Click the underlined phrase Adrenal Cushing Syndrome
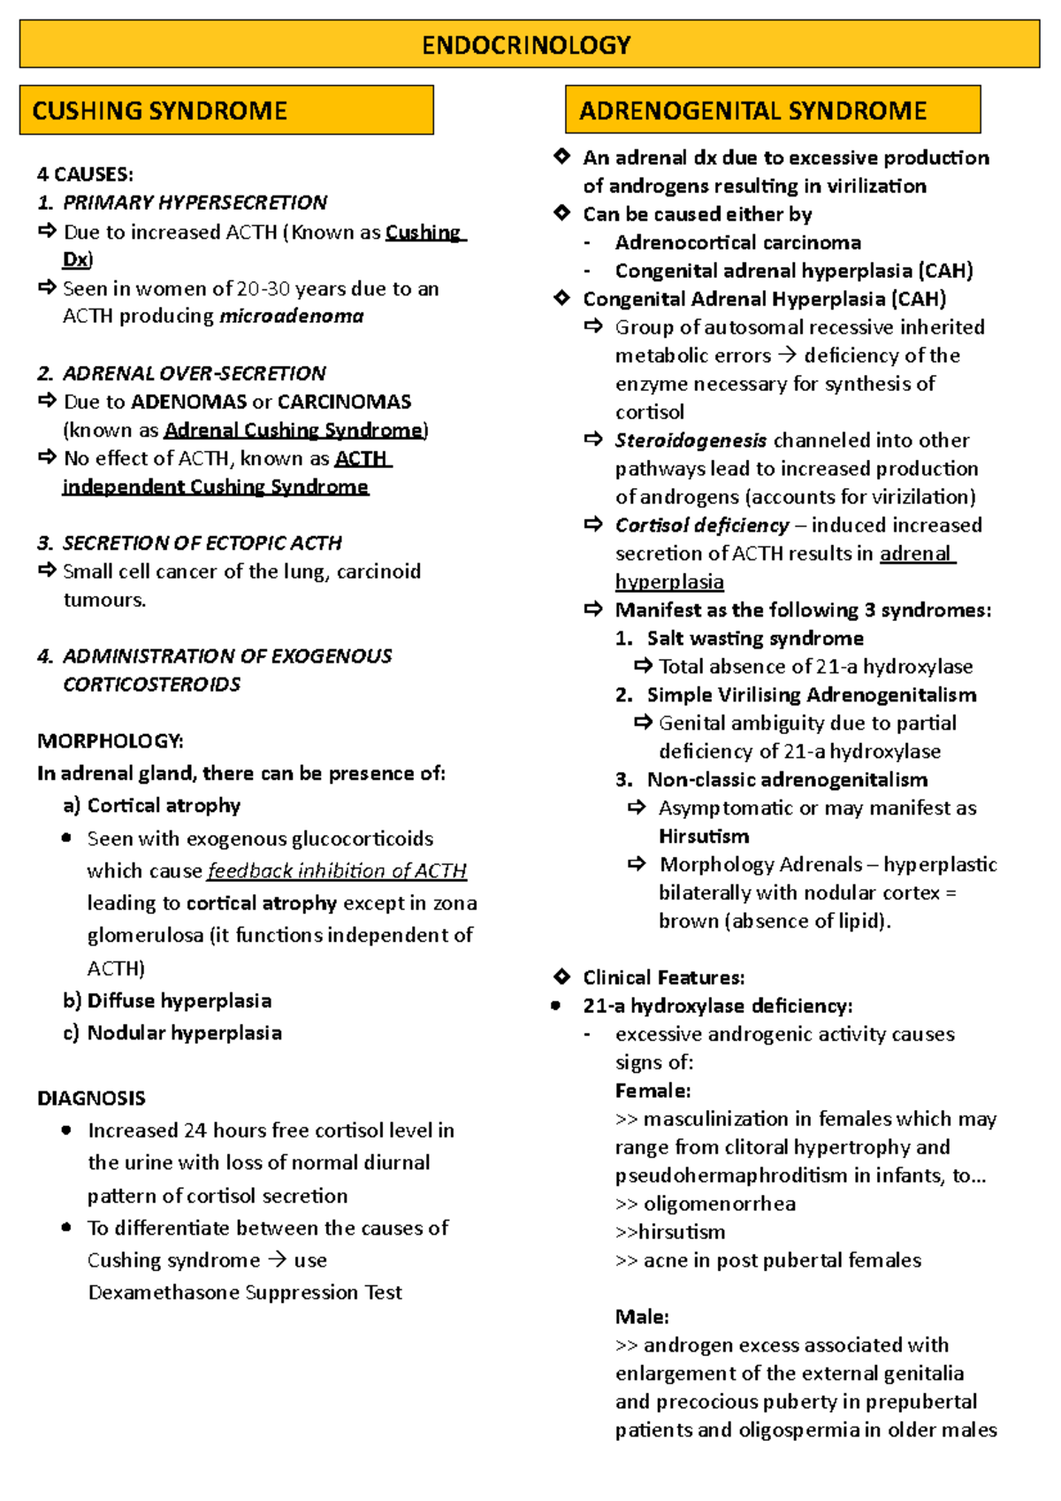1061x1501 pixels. click(294, 431)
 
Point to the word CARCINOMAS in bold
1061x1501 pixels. click(344, 402)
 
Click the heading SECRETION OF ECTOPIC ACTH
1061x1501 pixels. click(202, 543)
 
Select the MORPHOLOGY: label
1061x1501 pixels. click(111, 741)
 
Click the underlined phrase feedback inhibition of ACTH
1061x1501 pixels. click(337, 871)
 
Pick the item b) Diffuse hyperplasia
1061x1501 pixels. click(167, 1001)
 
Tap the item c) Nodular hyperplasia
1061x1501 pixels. click(172, 1033)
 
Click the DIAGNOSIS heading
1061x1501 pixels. click(91, 1099)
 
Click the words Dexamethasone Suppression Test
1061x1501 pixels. click(245, 1293)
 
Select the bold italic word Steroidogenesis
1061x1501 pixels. click(691, 440)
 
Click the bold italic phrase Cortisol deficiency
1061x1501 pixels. click(702, 525)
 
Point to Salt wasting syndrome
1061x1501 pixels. click(755, 639)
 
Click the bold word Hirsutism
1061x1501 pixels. click(704, 837)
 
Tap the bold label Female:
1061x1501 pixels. click(653, 1091)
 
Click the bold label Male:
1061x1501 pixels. click(642, 1317)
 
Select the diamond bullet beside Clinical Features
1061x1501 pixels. click(561, 976)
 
